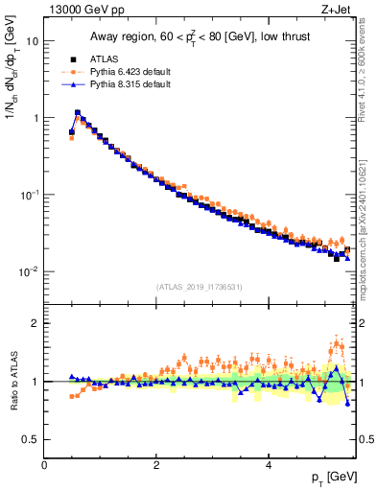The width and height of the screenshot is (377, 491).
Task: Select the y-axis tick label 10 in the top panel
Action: pos(32,42)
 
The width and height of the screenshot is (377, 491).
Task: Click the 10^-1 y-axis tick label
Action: pos(29,195)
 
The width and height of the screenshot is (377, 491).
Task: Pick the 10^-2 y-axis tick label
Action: pos(29,271)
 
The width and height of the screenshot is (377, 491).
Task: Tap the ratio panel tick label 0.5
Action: pos(31,439)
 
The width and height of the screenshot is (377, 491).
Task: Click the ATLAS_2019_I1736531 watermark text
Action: pos(200,287)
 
